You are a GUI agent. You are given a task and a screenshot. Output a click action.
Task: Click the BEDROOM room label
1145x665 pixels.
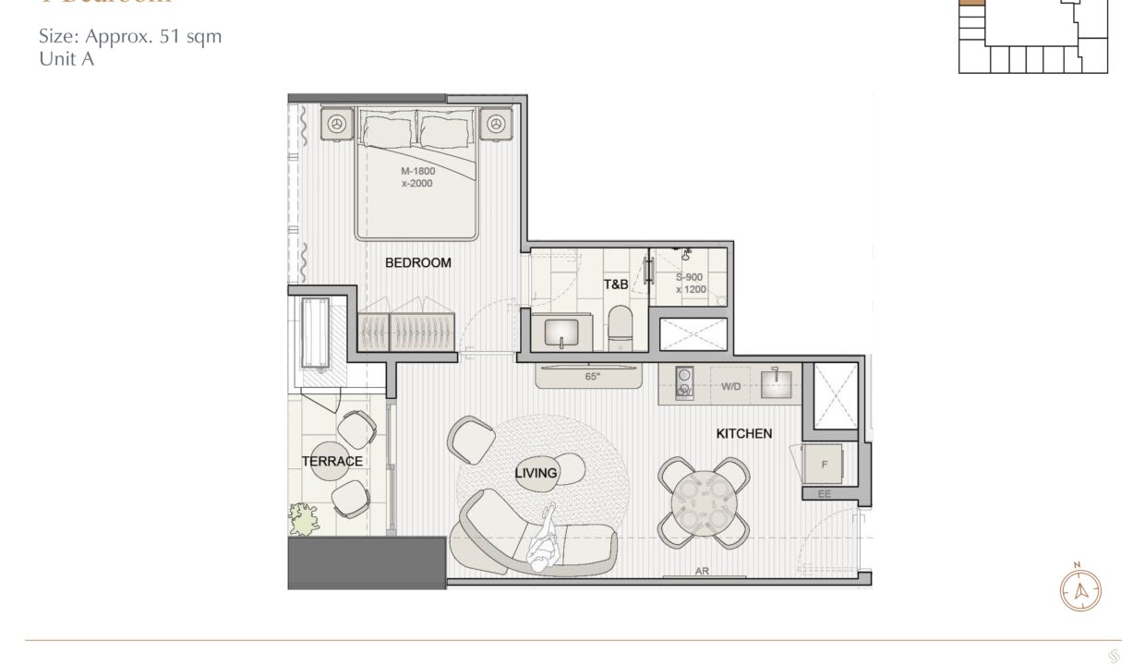(x=417, y=263)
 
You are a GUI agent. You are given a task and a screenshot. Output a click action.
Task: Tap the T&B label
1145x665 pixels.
(x=616, y=285)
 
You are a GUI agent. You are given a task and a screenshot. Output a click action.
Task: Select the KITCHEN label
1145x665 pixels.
(x=744, y=433)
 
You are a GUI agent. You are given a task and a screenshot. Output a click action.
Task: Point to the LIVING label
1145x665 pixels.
(x=536, y=474)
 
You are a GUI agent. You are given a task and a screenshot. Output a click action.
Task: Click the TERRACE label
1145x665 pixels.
(x=331, y=462)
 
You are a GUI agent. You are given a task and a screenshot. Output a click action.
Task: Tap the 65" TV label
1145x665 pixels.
(x=593, y=378)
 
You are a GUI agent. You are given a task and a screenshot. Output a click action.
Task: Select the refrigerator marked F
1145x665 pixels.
(x=824, y=465)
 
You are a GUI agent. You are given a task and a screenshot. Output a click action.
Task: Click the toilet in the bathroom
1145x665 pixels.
(x=620, y=329)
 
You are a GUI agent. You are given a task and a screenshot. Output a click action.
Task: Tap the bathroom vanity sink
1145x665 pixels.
(x=560, y=332)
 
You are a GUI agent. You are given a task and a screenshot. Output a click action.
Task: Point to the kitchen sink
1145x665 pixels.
(x=776, y=382)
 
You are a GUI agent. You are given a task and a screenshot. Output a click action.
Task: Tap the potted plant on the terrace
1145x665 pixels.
(x=303, y=517)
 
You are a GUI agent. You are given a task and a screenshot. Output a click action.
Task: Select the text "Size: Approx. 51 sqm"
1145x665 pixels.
(x=130, y=38)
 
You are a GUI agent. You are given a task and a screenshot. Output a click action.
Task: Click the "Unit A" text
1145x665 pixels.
(x=66, y=59)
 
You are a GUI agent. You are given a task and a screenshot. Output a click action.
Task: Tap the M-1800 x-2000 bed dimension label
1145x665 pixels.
(x=417, y=177)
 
